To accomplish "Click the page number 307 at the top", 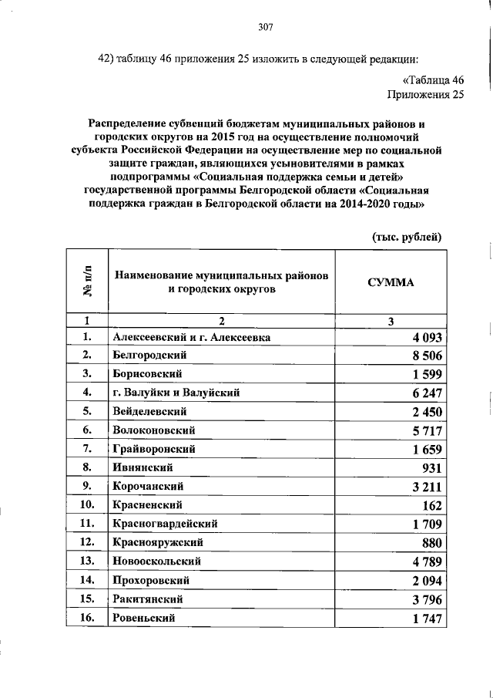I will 267,28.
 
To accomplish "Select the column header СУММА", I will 391,282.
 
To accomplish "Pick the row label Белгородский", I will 150,356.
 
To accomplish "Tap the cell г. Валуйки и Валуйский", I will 176,393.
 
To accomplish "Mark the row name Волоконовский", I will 153,430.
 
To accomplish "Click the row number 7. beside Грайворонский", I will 87,448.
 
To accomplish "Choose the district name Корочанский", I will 147,487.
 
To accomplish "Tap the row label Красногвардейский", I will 163,524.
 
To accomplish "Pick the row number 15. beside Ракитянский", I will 87,599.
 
